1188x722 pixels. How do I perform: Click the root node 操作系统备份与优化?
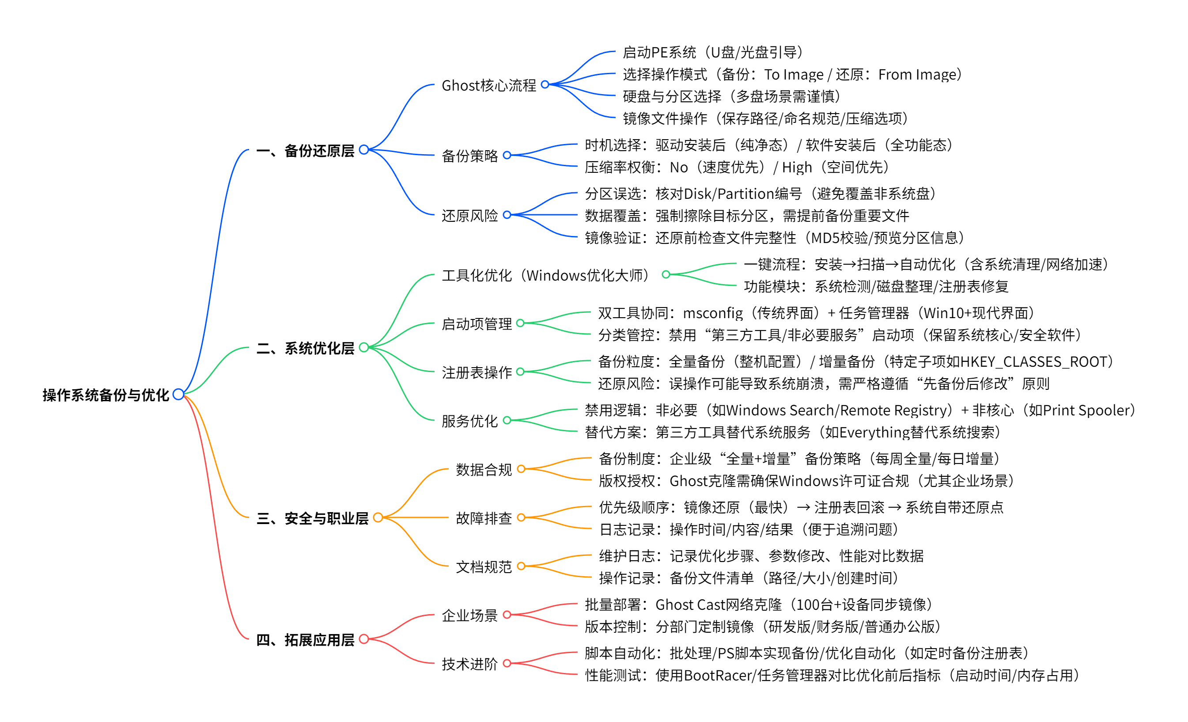(106, 395)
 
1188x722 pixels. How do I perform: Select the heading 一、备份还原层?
(305, 151)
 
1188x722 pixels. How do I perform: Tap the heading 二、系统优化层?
(305, 348)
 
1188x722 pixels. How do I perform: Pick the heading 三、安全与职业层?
(312, 518)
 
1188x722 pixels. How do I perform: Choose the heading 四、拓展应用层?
(305, 639)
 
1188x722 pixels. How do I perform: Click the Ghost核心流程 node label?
(488, 85)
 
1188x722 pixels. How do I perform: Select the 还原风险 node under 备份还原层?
(469, 216)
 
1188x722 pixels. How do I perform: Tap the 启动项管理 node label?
(477, 323)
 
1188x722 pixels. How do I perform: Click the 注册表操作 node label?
(477, 372)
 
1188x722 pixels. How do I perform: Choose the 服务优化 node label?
(469, 421)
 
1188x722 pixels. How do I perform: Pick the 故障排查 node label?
(484, 518)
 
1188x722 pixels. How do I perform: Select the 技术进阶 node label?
(469, 664)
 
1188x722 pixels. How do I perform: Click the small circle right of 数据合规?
(521, 469)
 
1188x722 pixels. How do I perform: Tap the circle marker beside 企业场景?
(507, 615)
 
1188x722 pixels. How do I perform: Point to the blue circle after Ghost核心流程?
(545, 84)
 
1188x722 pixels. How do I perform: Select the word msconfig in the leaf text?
(713, 313)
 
